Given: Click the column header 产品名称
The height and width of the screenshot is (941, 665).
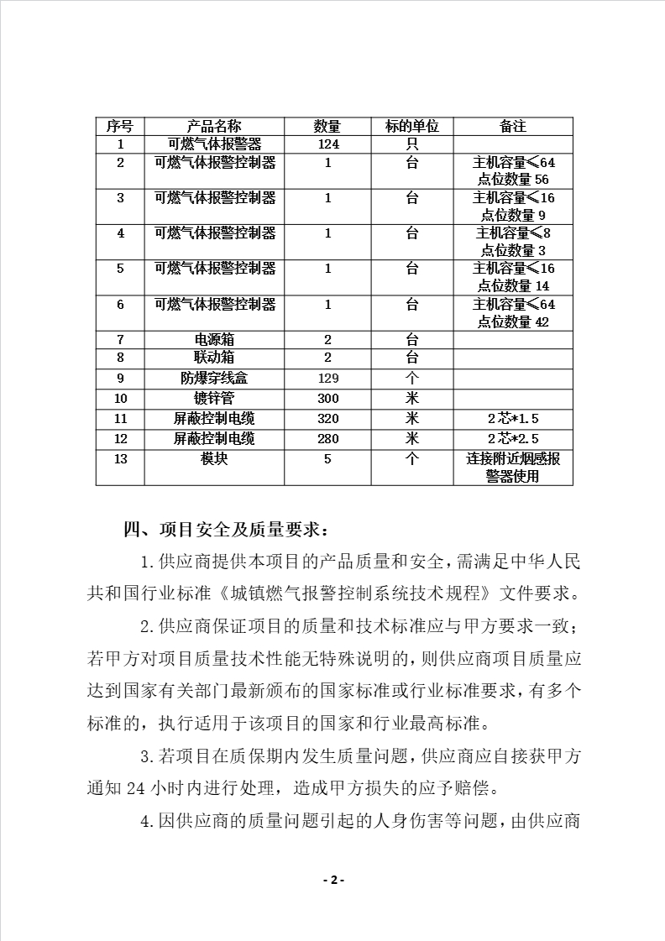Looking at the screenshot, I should [214, 126].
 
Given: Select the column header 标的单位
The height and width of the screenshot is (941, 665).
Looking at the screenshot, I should [411, 126].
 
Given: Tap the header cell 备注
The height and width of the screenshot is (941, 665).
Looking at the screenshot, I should [513, 126].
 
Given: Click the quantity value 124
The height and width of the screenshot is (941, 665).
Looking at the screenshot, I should [327, 144].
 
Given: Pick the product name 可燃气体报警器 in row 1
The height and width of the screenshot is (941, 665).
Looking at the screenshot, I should [214, 144].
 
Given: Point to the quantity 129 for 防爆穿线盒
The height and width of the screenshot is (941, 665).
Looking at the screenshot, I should [327, 379].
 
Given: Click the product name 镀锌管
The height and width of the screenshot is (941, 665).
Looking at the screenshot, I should [214, 397].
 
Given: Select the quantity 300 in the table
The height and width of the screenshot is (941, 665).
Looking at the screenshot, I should [327, 397].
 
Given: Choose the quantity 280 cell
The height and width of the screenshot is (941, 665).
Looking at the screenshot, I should [327, 438].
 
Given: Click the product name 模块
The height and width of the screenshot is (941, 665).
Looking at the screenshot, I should [214, 459].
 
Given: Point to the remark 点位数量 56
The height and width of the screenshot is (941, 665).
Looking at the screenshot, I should [513, 180].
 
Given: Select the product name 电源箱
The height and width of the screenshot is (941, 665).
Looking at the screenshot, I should [214, 340].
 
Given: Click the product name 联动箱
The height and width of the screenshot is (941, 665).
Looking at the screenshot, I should [214, 358].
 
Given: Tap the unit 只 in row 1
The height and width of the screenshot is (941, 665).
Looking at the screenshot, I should [411, 144].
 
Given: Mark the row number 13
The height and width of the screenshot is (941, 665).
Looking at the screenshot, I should [120, 459].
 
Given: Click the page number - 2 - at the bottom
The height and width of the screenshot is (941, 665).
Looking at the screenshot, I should [333, 880].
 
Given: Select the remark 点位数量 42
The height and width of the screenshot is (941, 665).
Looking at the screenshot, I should [513, 322].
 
